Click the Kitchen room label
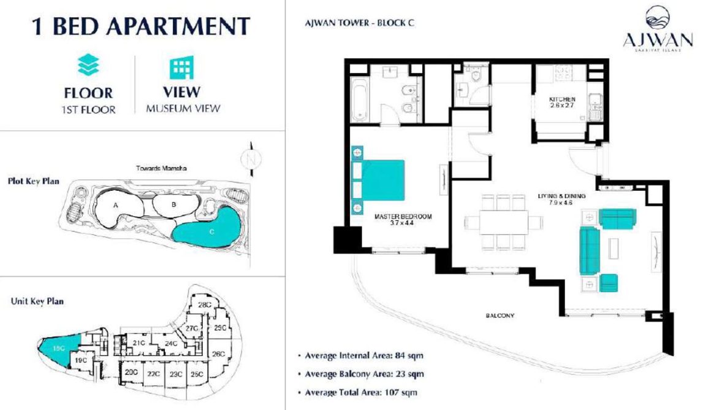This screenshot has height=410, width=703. coord(561,102)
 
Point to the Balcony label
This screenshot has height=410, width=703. coord(500,316)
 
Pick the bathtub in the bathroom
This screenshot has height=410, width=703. coord(360,98)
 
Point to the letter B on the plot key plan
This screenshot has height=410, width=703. coord(173,204)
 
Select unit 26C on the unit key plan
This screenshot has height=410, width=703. coord(218,354)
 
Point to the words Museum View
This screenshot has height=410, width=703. coord(183,109)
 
